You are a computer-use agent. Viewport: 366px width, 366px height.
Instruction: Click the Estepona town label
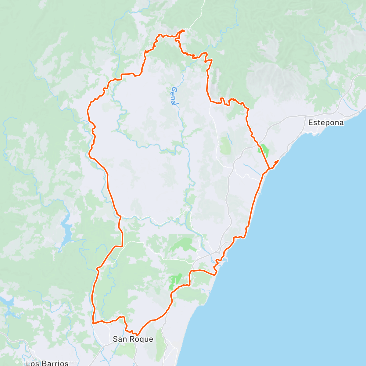click(x=326, y=123)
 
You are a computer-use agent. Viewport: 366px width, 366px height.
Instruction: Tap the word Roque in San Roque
click(x=142, y=339)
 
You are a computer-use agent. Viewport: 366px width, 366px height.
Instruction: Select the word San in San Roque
click(x=119, y=339)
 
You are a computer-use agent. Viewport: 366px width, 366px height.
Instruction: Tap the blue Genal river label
click(x=174, y=96)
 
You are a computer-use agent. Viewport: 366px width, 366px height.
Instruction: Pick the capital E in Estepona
click(x=311, y=123)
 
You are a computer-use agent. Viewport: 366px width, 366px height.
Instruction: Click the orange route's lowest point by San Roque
click(x=137, y=335)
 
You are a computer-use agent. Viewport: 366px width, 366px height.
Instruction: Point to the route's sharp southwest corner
click(x=92, y=322)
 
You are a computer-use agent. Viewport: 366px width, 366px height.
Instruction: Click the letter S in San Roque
click(x=115, y=339)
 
